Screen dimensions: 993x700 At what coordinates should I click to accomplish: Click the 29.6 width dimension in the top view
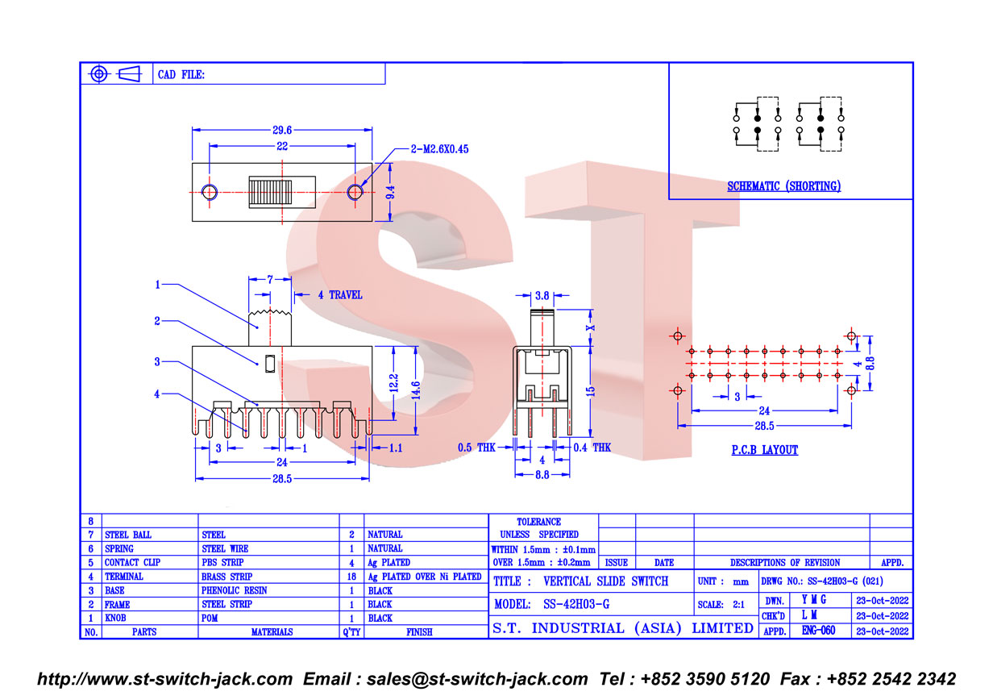click(282, 130)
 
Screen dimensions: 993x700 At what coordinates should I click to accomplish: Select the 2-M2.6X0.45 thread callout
click(439, 149)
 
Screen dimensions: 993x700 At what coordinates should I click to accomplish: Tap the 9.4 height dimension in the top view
click(390, 192)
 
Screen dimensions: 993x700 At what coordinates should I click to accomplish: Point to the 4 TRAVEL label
click(340, 295)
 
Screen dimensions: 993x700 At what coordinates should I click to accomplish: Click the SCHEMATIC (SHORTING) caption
click(783, 185)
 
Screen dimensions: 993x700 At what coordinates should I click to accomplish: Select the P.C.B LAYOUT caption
click(765, 450)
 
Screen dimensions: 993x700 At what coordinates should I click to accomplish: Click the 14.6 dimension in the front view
click(416, 390)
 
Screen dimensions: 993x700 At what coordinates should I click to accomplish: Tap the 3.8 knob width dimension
click(542, 295)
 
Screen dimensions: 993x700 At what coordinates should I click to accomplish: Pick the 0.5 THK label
click(476, 447)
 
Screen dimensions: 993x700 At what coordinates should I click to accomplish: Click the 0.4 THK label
click(592, 447)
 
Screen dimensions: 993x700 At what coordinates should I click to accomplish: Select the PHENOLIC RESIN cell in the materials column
click(234, 590)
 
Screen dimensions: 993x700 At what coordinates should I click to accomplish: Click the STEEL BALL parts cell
click(128, 535)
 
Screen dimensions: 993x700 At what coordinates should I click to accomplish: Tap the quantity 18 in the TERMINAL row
click(351, 577)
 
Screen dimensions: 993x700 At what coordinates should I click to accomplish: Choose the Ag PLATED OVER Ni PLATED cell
click(425, 577)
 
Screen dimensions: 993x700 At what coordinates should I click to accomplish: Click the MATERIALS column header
click(272, 631)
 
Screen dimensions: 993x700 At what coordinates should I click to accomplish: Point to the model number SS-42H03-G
click(576, 604)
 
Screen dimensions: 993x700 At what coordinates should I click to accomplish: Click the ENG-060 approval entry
click(818, 631)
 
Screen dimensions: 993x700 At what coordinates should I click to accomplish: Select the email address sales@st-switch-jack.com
click(477, 679)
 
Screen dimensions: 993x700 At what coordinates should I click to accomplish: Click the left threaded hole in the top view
click(210, 193)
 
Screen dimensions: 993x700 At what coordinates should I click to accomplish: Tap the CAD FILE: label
click(181, 74)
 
